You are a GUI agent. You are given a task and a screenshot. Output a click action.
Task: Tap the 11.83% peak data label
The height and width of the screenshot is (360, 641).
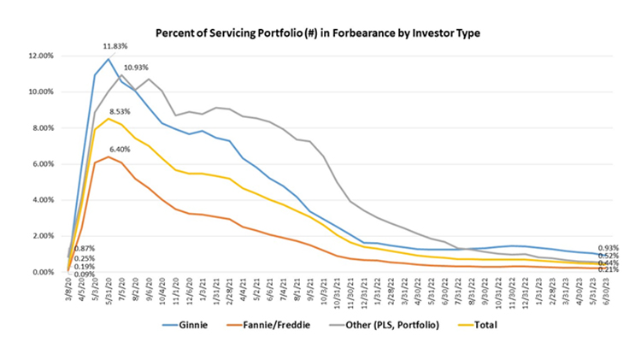pos(117,47)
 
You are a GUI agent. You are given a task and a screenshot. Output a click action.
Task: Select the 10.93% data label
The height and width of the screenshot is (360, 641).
pos(138,67)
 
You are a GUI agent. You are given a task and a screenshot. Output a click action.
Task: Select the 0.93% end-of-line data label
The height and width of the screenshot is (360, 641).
pos(608,247)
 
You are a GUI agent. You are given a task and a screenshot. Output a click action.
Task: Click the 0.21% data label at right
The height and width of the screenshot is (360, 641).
pos(608,269)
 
